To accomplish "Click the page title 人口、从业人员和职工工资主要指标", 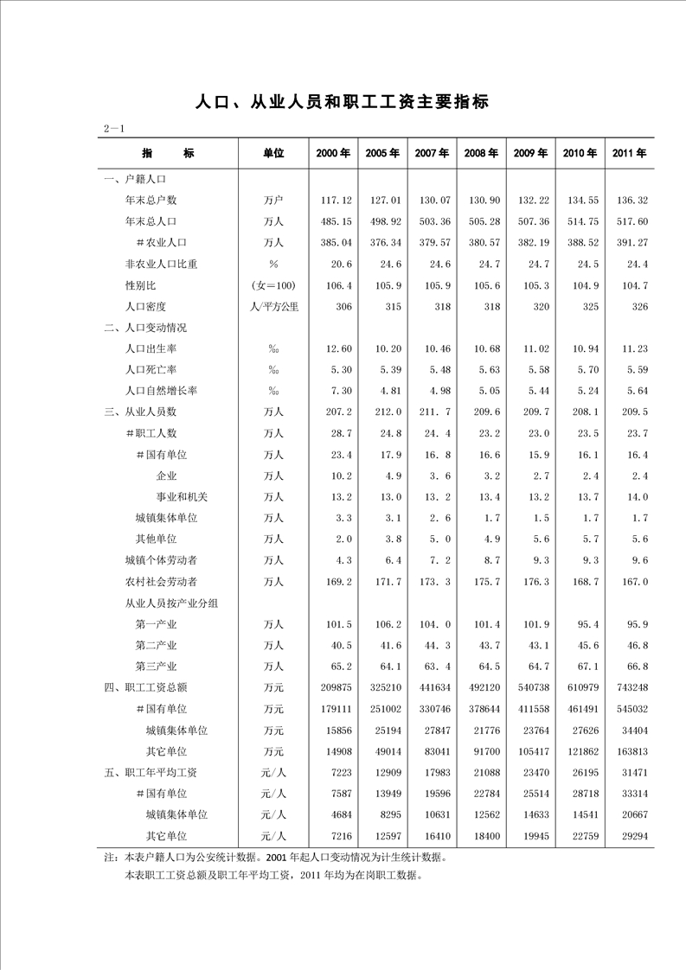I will click(343, 102).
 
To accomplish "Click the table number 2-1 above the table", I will click(116, 129).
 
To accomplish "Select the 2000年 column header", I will click(333, 153).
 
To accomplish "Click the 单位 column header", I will click(273, 153).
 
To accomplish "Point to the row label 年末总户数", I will click(151, 200).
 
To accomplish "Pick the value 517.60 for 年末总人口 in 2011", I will click(632, 221).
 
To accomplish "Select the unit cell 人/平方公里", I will click(273, 306).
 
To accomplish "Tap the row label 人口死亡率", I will click(151, 369).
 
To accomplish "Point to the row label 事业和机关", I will click(182, 496).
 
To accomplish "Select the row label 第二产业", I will click(156, 645).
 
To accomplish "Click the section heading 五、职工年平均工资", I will click(151, 772).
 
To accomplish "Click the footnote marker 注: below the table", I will click(110, 858).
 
